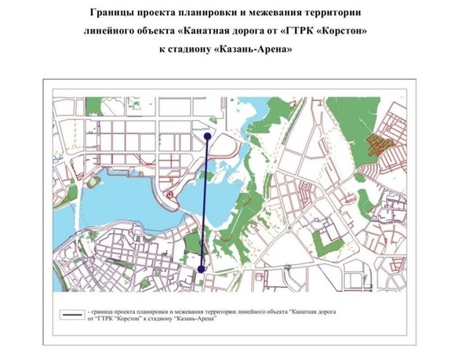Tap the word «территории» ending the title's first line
point(334,14)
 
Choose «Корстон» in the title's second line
point(341,32)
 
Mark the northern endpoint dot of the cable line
point(207,136)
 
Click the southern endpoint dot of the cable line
point(202,269)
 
